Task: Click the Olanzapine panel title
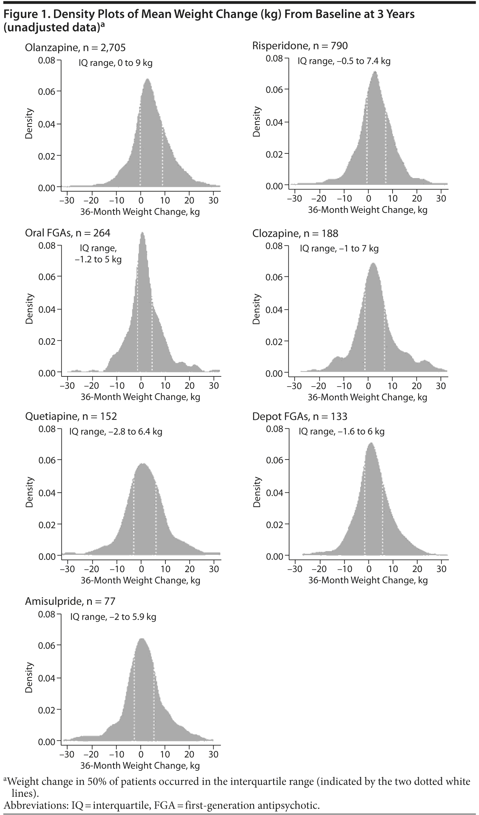pyautogui.click(x=75, y=48)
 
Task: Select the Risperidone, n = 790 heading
pyautogui.click(x=300, y=46)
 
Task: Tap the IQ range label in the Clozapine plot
pyautogui.click(x=339, y=249)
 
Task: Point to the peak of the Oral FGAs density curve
pyautogui.click(x=142, y=233)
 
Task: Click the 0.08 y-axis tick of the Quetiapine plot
pyautogui.click(x=47, y=429)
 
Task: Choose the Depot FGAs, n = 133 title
pyautogui.click(x=299, y=417)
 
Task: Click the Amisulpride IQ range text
pyautogui.click(x=113, y=617)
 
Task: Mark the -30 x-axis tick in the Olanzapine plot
pyautogui.click(x=67, y=200)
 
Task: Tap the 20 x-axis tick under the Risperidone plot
pyautogui.click(x=417, y=199)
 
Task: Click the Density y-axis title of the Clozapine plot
pyautogui.click(x=257, y=309)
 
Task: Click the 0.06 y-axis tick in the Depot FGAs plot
pyautogui.click(x=274, y=460)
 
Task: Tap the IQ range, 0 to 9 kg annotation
pyautogui.click(x=115, y=63)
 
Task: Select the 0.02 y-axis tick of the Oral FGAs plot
pyautogui.click(x=47, y=341)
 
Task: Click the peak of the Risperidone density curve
pyautogui.click(x=375, y=72)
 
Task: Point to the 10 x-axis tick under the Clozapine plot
pyautogui.click(x=392, y=386)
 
